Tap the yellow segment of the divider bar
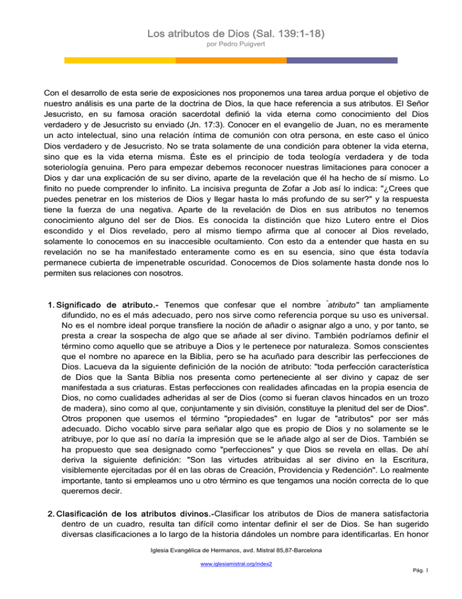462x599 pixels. (120, 60)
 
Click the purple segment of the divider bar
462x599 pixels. (342, 60)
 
